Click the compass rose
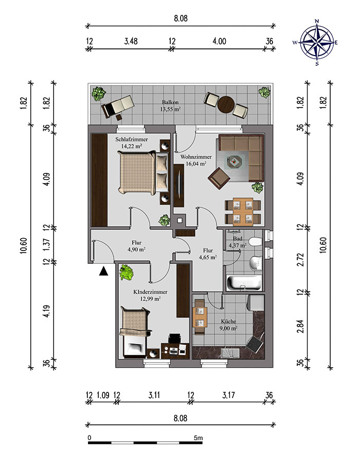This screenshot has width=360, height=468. click(317, 42)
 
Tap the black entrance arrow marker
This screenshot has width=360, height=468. click(103, 272)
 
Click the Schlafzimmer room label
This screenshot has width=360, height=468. click(131, 139)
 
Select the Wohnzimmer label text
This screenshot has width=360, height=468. click(196, 157)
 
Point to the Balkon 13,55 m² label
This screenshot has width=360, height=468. click(170, 105)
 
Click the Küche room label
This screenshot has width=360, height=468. click(229, 321)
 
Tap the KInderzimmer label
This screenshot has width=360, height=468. click(150, 292)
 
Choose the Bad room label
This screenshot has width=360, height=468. click(238, 239)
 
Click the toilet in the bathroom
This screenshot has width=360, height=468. click(256, 242)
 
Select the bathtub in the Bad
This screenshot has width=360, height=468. click(244, 282)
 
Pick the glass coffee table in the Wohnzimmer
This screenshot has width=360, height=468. click(234, 163)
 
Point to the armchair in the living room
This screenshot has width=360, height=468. click(219, 178)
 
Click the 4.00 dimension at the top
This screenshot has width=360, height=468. click(220, 41)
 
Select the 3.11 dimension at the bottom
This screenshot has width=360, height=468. click(154, 395)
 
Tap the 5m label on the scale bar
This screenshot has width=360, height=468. click(198, 438)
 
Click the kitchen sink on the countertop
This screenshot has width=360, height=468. click(230, 353)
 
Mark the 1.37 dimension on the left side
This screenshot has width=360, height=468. click(46, 245)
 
